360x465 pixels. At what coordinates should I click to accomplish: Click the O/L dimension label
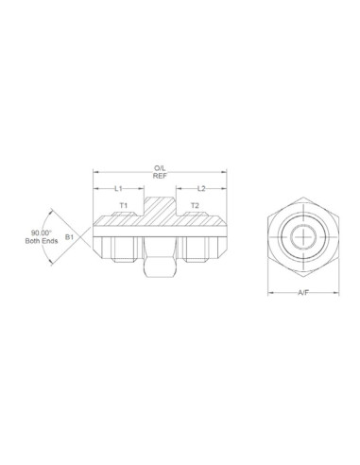(x=159, y=168)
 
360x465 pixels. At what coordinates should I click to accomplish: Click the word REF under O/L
(x=159, y=177)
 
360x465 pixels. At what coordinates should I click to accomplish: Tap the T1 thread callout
(x=123, y=205)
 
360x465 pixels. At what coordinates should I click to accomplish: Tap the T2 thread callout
(x=195, y=205)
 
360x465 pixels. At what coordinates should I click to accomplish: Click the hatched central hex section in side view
(x=159, y=214)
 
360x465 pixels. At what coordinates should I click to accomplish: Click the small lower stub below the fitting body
(x=159, y=269)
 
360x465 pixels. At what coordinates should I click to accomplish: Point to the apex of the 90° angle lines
(x=94, y=236)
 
